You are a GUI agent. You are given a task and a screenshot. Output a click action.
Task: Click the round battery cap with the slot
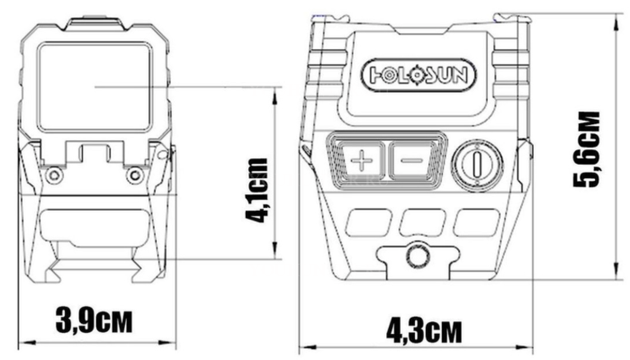[x=474, y=165]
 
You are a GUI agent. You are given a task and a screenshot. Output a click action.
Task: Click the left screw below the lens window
[x=55, y=173]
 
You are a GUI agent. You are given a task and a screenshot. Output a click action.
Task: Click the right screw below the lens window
[x=134, y=173]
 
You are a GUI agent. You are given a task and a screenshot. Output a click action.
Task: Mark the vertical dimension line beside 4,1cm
[x=276, y=171]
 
